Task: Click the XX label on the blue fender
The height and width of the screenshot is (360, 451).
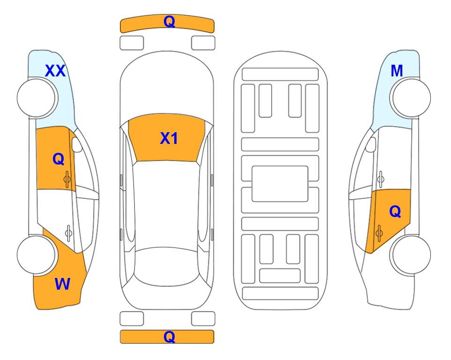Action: click(x=55, y=71)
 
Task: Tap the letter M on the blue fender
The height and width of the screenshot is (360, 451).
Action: click(x=397, y=71)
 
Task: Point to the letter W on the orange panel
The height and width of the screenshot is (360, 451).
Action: click(x=62, y=284)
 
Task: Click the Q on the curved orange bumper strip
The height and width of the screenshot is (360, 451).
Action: click(x=169, y=22)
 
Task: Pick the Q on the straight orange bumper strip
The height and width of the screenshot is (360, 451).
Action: click(x=169, y=337)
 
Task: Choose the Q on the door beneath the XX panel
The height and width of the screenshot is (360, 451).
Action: click(x=59, y=159)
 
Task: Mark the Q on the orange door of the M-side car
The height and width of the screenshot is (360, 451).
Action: click(x=395, y=212)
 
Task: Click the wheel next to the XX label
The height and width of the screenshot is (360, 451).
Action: click(x=36, y=98)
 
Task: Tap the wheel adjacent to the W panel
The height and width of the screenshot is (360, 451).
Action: click(x=36, y=255)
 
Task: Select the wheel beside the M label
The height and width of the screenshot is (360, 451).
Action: click(x=411, y=98)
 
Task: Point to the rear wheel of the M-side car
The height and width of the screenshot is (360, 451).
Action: click(x=411, y=255)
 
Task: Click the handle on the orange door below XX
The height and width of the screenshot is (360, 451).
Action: click(x=67, y=180)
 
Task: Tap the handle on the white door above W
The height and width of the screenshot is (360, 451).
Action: click(x=68, y=232)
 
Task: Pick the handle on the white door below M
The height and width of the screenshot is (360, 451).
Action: click(x=380, y=179)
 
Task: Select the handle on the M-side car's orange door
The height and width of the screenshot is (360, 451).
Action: click(x=379, y=233)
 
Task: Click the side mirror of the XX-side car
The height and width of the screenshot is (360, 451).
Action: click(x=77, y=144)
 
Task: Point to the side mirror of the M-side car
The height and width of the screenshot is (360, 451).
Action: click(x=371, y=144)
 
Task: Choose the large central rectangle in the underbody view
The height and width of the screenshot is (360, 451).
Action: click(x=280, y=184)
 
